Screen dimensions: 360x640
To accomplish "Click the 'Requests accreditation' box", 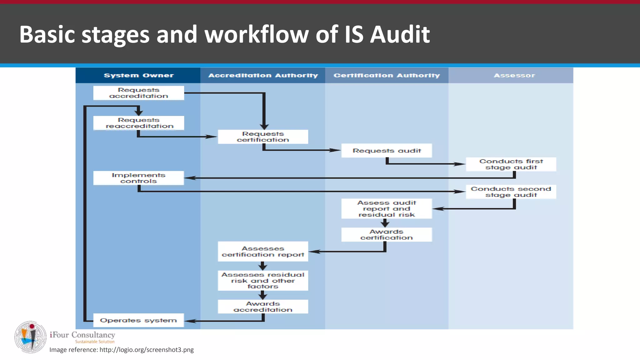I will [138, 93].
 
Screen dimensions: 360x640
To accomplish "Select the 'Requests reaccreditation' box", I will [138, 123].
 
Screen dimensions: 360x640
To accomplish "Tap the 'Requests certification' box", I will [263, 137].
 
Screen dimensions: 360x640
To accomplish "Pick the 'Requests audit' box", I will [387, 151].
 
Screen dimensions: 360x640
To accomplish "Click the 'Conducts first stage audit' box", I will [511, 164].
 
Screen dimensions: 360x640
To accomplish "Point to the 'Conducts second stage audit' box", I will [511, 192].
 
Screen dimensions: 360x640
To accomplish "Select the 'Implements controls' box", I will [138, 178].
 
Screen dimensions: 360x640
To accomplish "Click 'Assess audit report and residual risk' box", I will [387, 209].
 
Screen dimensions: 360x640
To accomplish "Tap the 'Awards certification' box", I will [387, 235].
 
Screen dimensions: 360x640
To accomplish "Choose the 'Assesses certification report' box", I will [263, 252].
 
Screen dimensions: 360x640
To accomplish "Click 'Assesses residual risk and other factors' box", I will [263, 281].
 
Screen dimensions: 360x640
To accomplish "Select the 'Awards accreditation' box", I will [263, 307].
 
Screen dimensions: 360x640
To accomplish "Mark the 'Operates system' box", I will [138, 320].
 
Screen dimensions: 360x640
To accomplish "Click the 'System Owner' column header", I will [138, 75].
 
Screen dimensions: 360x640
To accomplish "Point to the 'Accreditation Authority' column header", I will [263, 75].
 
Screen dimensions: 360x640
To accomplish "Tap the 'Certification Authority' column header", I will [387, 75].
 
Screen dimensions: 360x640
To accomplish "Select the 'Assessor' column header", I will [514, 75].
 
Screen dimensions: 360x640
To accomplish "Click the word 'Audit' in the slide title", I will [400, 34].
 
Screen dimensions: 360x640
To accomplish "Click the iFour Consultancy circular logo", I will [30, 337].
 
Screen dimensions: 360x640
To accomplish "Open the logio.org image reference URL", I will [147, 350].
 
